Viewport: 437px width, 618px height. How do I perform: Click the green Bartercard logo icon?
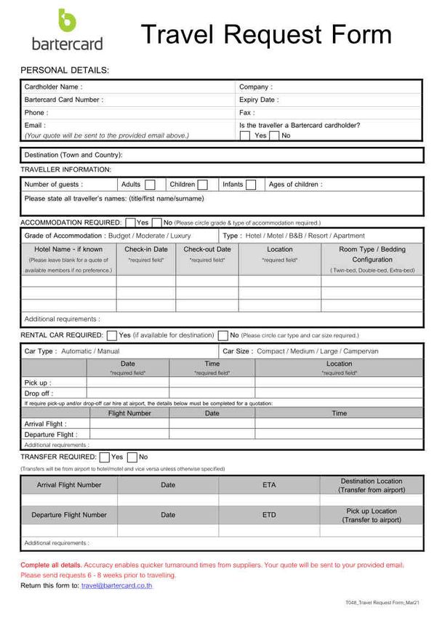tap(66, 20)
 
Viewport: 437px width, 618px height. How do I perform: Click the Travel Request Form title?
tap(265, 34)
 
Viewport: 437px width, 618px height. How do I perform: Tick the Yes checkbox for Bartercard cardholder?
tap(245, 135)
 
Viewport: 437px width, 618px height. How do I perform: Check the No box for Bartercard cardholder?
tap(274, 135)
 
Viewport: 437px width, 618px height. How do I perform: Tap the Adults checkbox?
tap(150, 185)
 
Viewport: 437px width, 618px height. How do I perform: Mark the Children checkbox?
tap(203, 185)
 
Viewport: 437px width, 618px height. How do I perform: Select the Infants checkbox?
tap(251, 185)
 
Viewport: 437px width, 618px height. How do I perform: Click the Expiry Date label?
tap(258, 100)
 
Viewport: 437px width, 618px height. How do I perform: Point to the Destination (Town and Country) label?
tap(73, 155)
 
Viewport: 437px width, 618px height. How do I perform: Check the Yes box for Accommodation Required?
tap(130, 222)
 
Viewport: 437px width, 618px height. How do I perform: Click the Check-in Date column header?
tap(146, 249)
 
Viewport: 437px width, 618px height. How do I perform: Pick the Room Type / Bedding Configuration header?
tap(372, 254)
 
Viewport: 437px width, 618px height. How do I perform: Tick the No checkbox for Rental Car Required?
tap(223, 335)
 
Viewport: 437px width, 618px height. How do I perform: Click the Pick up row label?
tap(37, 382)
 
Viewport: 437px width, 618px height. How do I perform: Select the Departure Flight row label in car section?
tap(51, 435)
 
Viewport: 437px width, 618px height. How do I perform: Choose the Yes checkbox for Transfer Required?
tap(104, 457)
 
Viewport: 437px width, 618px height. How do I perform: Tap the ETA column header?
tap(269, 484)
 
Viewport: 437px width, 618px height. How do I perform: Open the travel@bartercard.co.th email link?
tap(117, 585)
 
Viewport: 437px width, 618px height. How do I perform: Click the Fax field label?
tap(246, 113)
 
